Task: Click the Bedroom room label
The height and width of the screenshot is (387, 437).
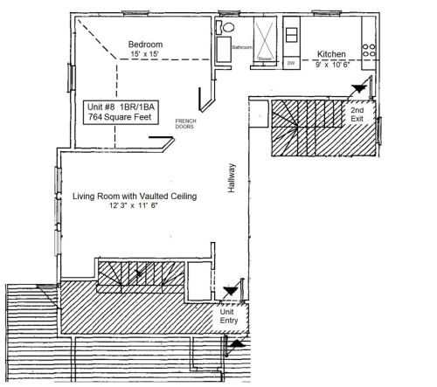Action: click(x=146, y=44)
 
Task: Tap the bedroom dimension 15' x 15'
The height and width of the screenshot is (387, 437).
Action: click(x=146, y=55)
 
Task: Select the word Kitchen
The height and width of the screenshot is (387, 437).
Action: click(x=333, y=52)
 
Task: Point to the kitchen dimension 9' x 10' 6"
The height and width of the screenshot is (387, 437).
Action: click(x=333, y=63)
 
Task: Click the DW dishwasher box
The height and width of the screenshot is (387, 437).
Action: click(x=290, y=61)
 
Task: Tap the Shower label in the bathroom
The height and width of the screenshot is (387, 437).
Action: click(x=265, y=59)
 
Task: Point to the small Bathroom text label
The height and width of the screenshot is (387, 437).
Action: click(x=241, y=46)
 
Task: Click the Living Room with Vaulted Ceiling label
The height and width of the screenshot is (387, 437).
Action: click(x=135, y=197)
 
